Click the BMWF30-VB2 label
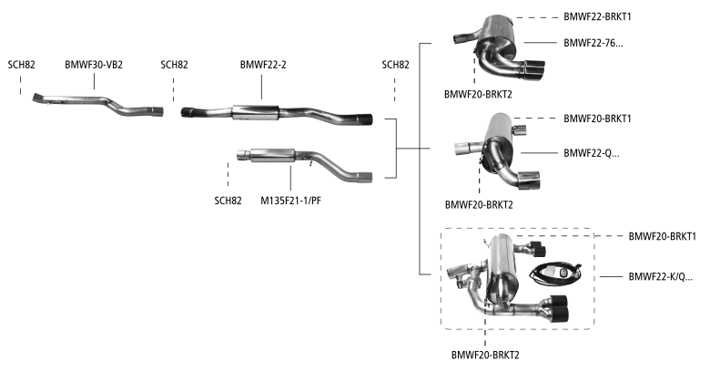pos(95,65)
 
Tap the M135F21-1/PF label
pos(290,201)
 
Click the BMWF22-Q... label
pos(591,152)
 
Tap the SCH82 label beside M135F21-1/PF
pos(228,201)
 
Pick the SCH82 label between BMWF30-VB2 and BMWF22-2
pos(174,65)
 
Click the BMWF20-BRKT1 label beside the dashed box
pos(662,235)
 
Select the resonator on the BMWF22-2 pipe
pos(260,111)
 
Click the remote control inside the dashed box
pos(554,271)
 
